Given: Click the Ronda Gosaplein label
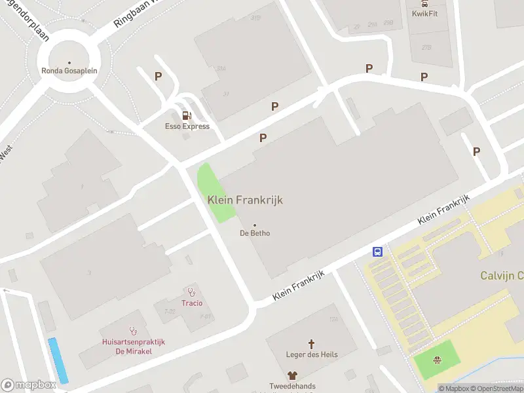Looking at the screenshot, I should pos(69,71).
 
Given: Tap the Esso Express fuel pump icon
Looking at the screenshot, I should pos(187,116).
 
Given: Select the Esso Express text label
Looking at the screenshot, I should pos(187,126).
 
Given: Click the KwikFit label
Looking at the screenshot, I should pos(424,14).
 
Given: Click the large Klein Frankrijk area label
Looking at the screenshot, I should pos(245,200).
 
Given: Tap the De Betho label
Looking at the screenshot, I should pos(255,233).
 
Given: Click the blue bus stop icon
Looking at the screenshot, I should pos(378,252).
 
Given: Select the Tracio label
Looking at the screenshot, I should pos(192,303).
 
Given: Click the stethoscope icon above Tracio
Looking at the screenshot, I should pos(192,292).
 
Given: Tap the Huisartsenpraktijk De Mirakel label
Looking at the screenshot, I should pos(134,346).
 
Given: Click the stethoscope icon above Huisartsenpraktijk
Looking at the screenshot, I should pos(134,331).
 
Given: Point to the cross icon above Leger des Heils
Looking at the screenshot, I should pos(312,343).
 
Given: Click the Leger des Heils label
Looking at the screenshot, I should pos(312,354).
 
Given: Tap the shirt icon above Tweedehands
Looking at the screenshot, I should pos(292,375).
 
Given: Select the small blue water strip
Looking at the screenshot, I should pos(58,360).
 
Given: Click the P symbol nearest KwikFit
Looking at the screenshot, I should pos(424,77).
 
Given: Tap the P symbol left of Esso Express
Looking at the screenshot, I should pos(158,76).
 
